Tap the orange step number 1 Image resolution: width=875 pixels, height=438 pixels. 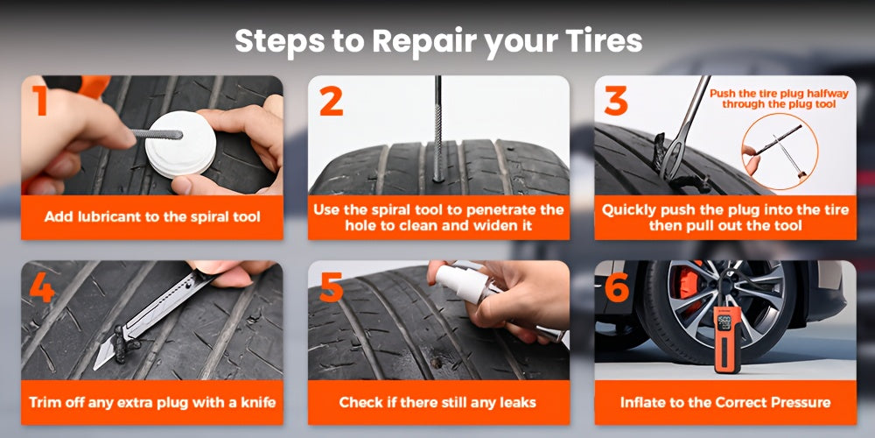click(39, 101)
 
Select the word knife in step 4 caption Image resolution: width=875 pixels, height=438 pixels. click(257, 402)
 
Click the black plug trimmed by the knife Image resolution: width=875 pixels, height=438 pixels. click(121, 342)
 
